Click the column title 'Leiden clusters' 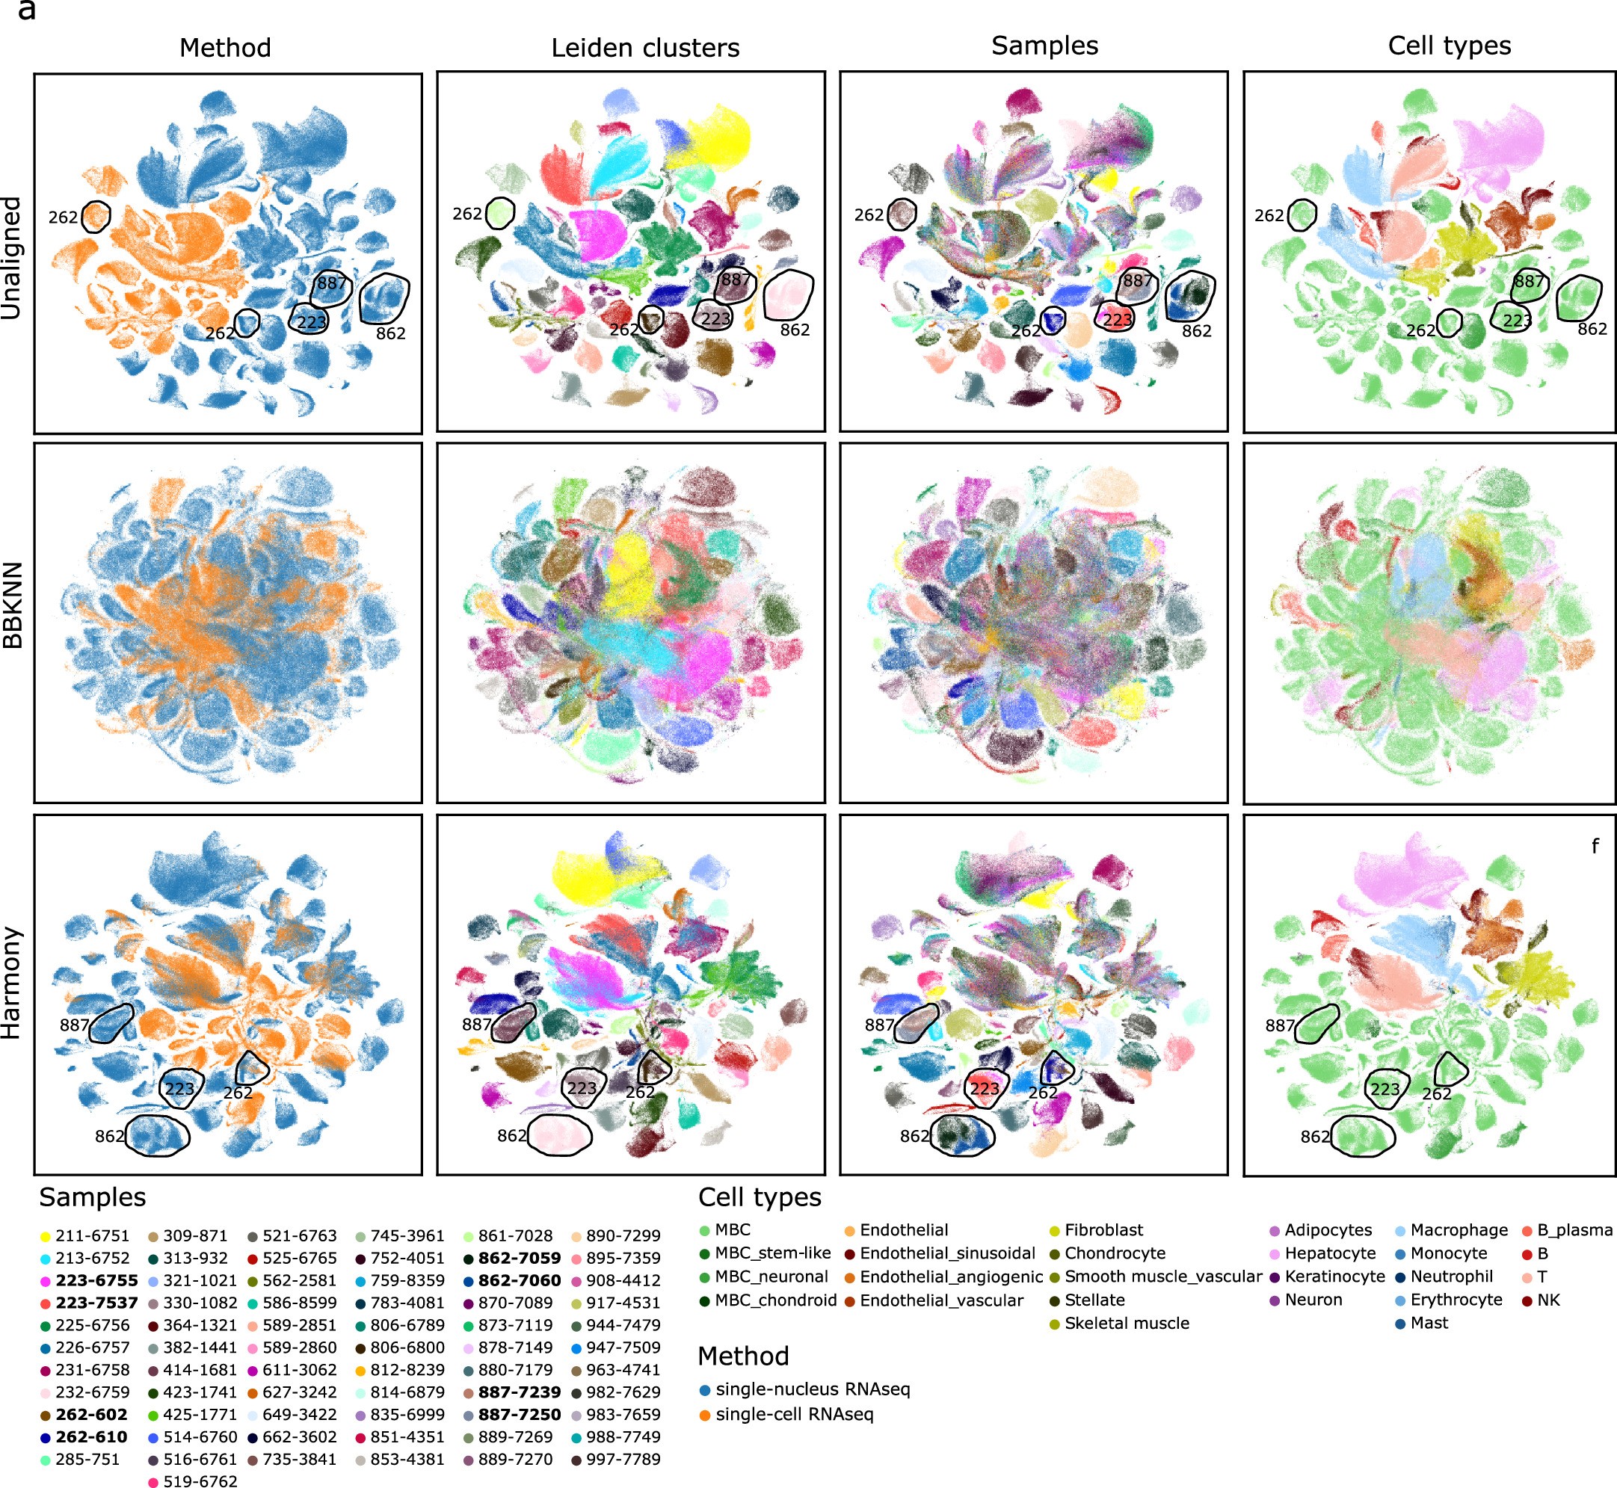click(645, 48)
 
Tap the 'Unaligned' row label click(12, 259)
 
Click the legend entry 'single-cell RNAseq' click(794, 1414)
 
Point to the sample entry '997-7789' click(623, 1459)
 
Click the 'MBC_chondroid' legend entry click(775, 1300)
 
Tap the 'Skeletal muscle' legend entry click(1127, 1323)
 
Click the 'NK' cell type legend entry click(1547, 1300)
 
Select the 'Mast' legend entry click(1429, 1323)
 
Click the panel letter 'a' click(27, 10)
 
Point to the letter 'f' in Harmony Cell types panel click(1595, 845)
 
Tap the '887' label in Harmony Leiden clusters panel click(477, 1024)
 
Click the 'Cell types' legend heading click(760, 1197)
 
